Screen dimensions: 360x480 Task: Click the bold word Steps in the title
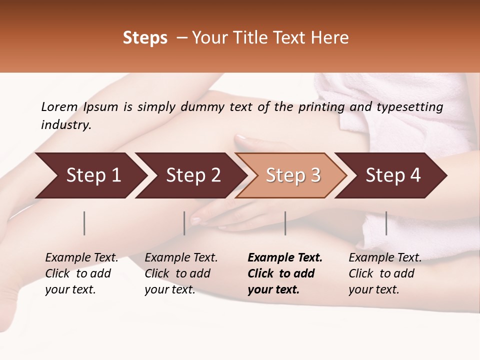(145, 38)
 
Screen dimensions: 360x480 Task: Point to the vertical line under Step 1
(84, 223)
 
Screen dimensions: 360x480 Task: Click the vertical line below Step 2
(184, 223)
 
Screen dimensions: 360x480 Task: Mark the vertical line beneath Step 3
(285, 223)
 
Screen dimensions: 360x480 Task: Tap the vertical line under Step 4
(386, 223)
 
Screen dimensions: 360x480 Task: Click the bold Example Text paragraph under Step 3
(284, 273)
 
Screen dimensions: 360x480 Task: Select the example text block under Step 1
(81, 273)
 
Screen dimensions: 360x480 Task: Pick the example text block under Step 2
(181, 273)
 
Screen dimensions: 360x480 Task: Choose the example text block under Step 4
(385, 273)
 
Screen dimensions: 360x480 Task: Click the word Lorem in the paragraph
(59, 106)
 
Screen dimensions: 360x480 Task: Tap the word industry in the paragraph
(65, 125)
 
